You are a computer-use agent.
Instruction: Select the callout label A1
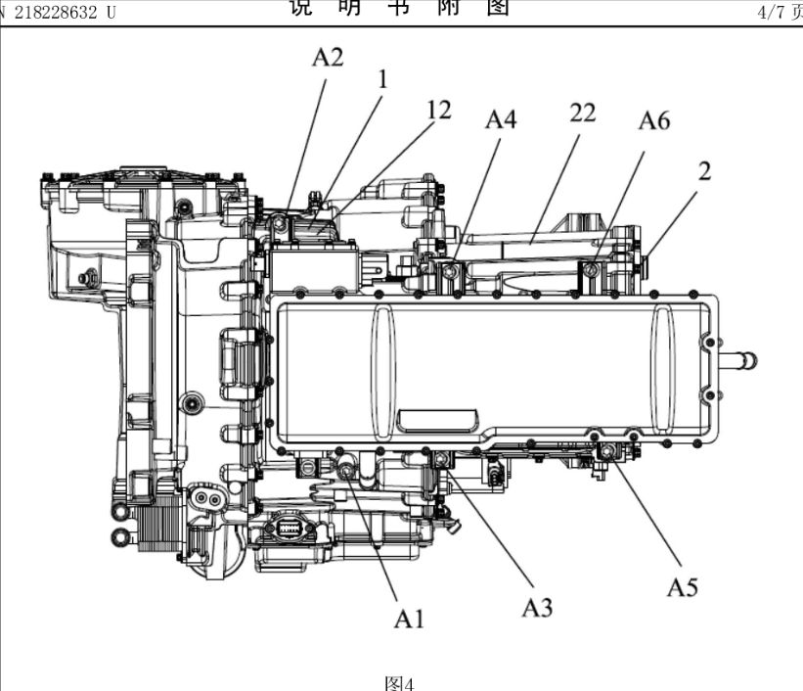[x=409, y=617]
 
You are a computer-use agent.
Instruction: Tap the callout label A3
[x=536, y=607]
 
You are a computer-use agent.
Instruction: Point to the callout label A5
[x=683, y=586]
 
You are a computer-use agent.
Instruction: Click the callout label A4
[x=501, y=119]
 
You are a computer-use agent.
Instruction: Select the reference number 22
[x=582, y=114]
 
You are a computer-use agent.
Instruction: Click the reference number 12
[x=438, y=111]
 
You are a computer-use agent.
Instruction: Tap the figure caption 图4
[x=400, y=682]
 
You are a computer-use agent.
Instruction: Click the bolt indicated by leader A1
[x=348, y=472]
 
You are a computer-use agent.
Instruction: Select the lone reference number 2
[x=704, y=172]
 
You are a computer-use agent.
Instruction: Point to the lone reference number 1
[x=382, y=79]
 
